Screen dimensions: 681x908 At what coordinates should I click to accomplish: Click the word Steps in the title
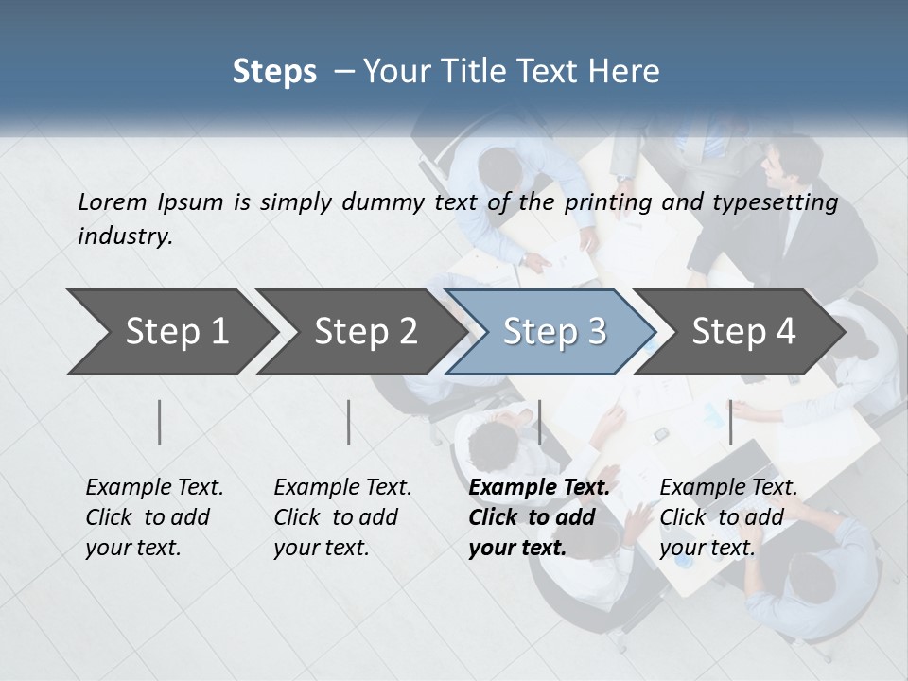(x=274, y=72)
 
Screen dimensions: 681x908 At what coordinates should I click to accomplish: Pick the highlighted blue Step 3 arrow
(x=554, y=331)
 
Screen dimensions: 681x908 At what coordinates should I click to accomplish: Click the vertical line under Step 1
(x=160, y=422)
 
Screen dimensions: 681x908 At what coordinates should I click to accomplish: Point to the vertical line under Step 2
(x=349, y=422)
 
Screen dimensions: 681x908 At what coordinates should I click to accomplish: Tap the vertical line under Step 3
(x=539, y=422)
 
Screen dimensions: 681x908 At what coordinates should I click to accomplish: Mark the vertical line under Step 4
(x=730, y=422)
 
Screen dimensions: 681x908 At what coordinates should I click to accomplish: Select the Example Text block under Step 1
(x=154, y=517)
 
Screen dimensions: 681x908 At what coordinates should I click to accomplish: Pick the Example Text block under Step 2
(x=342, y=517)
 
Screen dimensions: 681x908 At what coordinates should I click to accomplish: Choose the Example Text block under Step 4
(x=728, y=517)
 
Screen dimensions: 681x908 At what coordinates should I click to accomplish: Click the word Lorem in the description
(x=113, y=201)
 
